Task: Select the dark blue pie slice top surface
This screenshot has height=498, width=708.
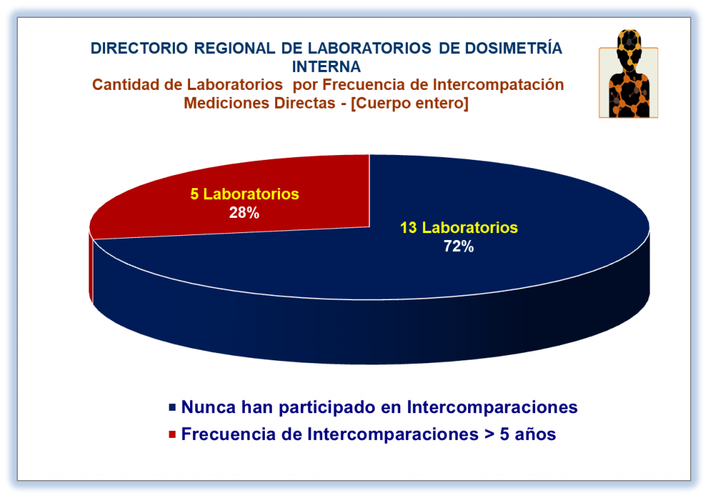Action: (x=407, y=253)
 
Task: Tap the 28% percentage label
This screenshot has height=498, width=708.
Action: (x=244, y=212)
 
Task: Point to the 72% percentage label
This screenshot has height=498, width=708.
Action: (x=459, y=246)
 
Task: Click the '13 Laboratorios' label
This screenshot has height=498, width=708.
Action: (x=459, y=228)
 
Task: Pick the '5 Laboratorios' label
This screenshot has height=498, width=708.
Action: (x=244, y=194)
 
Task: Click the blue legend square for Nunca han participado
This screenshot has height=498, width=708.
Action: (x=172, y=407)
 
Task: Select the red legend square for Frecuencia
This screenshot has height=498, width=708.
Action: (x=172, y=434)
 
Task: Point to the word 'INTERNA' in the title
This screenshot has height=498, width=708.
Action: (x=326, y=67)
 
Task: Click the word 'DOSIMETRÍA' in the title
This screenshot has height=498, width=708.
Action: (x=514, y=48)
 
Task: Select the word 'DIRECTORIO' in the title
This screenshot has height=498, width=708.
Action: (x=139, y=48)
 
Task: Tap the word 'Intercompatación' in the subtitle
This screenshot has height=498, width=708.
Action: (x=498, y=84)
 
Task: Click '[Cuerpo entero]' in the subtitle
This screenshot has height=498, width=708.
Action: (x=409, y=103)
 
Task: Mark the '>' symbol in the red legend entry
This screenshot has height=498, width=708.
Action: (x=489, y=435)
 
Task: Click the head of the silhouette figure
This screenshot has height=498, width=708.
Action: (x=629, y=44)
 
